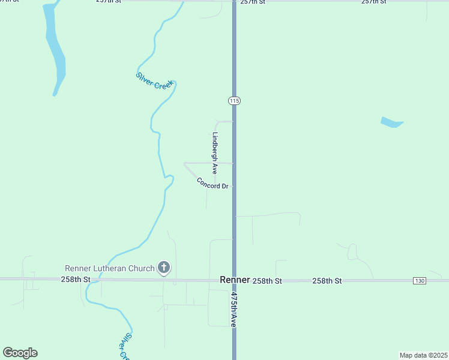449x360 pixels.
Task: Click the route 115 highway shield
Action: (x=234, y=101)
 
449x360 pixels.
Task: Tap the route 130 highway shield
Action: (x=420, y=281)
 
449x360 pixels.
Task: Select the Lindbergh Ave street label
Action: (x=214, y=154)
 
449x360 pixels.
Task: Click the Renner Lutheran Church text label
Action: (x=109, y=268)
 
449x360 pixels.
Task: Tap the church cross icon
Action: (x=164, y=268)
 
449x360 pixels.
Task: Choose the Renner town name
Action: (x=235, y=280)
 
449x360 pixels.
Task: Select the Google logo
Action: (x=20, y=353)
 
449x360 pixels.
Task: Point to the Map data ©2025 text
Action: (x=423, y=355)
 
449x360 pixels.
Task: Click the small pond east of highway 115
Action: (x=392, y=122)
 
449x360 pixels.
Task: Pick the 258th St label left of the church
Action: (x=75, y=280)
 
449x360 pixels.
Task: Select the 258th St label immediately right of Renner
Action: (x=267, y=281)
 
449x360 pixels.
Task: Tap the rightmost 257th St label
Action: (x=373, y=2)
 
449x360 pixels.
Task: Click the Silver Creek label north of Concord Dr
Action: (x=154, y=81)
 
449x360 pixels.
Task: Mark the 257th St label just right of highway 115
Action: (x=252, y=2)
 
